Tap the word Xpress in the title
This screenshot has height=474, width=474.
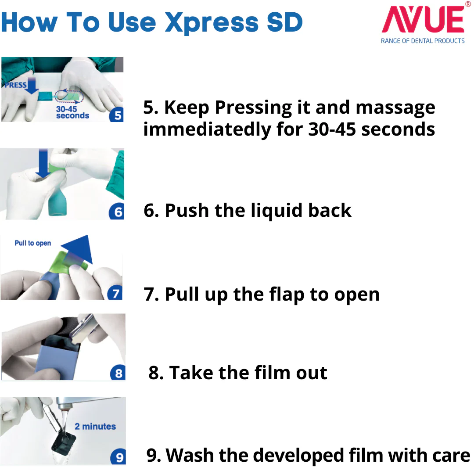(x=212, y=23)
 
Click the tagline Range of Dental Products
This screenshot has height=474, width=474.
(x=423, y=41)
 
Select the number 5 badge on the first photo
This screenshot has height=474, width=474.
(x=117, y=115)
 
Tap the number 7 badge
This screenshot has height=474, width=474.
(x=115, y=293)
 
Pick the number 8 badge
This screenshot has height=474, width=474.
(x=118, y=373)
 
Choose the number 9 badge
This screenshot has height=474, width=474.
(x=119, y=457)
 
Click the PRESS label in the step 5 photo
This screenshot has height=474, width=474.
(x=15, y=85)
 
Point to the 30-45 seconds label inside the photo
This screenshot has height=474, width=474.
(x=72, y=112)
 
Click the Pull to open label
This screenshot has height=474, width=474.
(x=32, y=243)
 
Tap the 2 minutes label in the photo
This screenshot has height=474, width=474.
(x=95, y=426)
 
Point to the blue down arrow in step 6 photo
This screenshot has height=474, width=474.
(x=43, y=164)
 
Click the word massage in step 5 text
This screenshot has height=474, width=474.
(x=395, y=108)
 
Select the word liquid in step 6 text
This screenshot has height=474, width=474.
(x=276, y=210)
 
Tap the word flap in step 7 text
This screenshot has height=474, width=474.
(x=287, y=294)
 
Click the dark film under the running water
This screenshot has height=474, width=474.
(x=64, y=442)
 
